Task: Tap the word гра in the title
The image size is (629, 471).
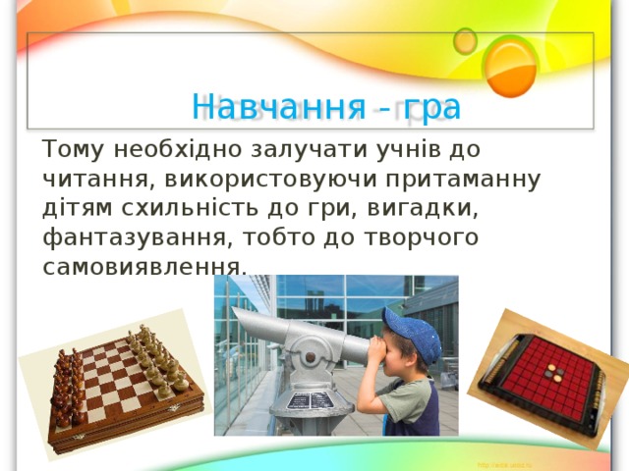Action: (431, 105)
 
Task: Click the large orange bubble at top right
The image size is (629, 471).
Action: (512, 66)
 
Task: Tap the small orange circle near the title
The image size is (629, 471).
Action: (465, 40)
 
